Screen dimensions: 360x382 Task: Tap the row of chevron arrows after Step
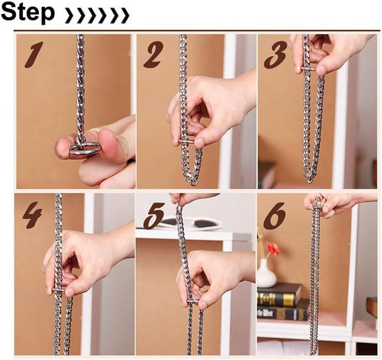[97, 16]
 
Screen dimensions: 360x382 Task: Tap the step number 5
[153, 215]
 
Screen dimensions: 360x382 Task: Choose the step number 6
[275, 215]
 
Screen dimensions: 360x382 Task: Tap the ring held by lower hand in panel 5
[193, 301]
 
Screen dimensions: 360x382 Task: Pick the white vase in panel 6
[266, 274]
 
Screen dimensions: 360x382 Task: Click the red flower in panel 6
[273, 249]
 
